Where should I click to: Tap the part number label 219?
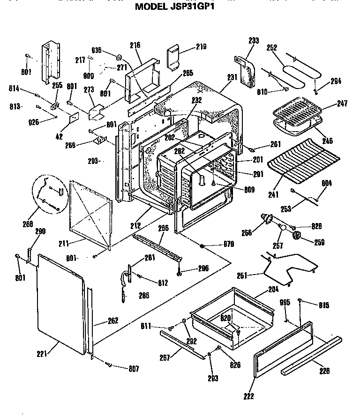201,47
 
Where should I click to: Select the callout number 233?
254,41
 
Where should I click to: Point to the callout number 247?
342,103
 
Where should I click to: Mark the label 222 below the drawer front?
249,397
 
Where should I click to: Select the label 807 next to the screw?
134,369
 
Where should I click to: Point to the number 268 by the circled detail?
27,224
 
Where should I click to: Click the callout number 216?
135,45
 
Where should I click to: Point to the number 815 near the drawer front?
323,305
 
